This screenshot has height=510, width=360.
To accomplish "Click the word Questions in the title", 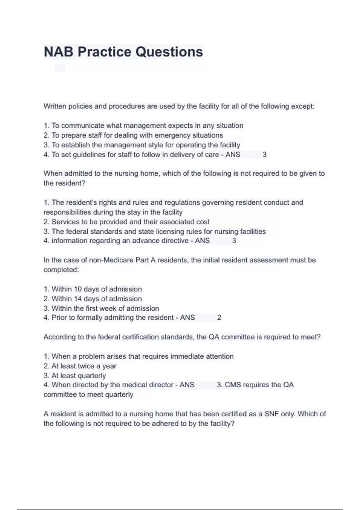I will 169,52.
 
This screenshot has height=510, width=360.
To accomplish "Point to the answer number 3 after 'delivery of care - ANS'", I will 264,155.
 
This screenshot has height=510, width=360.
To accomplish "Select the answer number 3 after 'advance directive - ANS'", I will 234,241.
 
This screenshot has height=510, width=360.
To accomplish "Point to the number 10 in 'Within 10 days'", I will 78,289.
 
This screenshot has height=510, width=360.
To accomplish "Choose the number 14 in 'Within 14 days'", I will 78,299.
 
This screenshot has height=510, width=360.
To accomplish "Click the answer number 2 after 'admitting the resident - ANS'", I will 219,318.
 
